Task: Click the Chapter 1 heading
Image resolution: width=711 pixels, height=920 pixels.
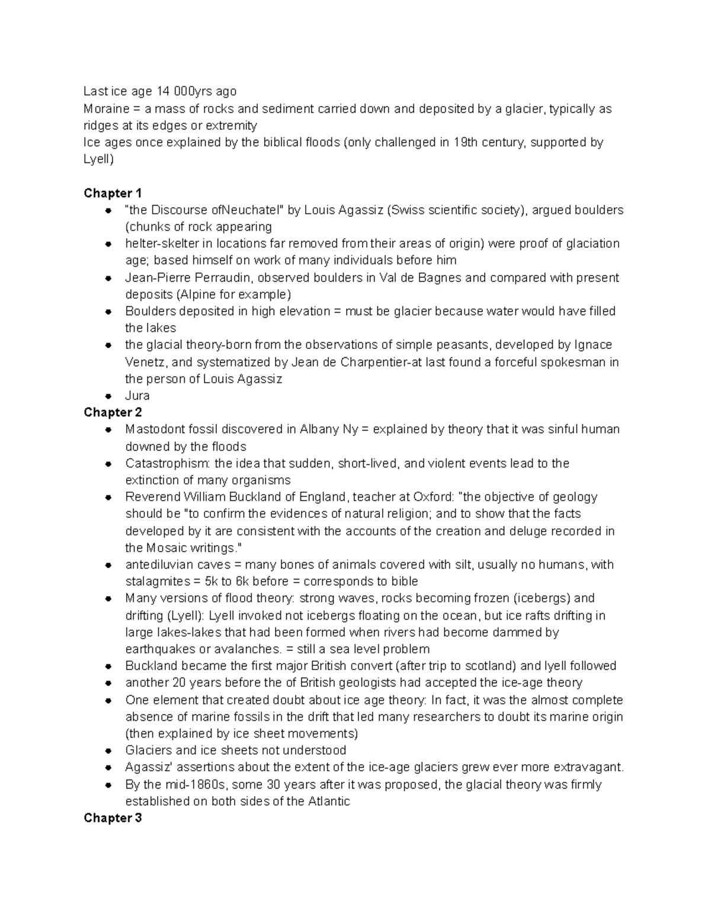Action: point(113,193)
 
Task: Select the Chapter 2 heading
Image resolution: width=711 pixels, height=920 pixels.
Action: point(113,412)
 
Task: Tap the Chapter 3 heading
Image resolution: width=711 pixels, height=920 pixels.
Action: point(113,818)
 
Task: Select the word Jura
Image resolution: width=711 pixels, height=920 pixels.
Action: point(137,396)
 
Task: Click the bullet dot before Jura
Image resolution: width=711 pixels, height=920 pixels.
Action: point(108,396)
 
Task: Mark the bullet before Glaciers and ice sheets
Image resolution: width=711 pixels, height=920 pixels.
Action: point(108,751)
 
